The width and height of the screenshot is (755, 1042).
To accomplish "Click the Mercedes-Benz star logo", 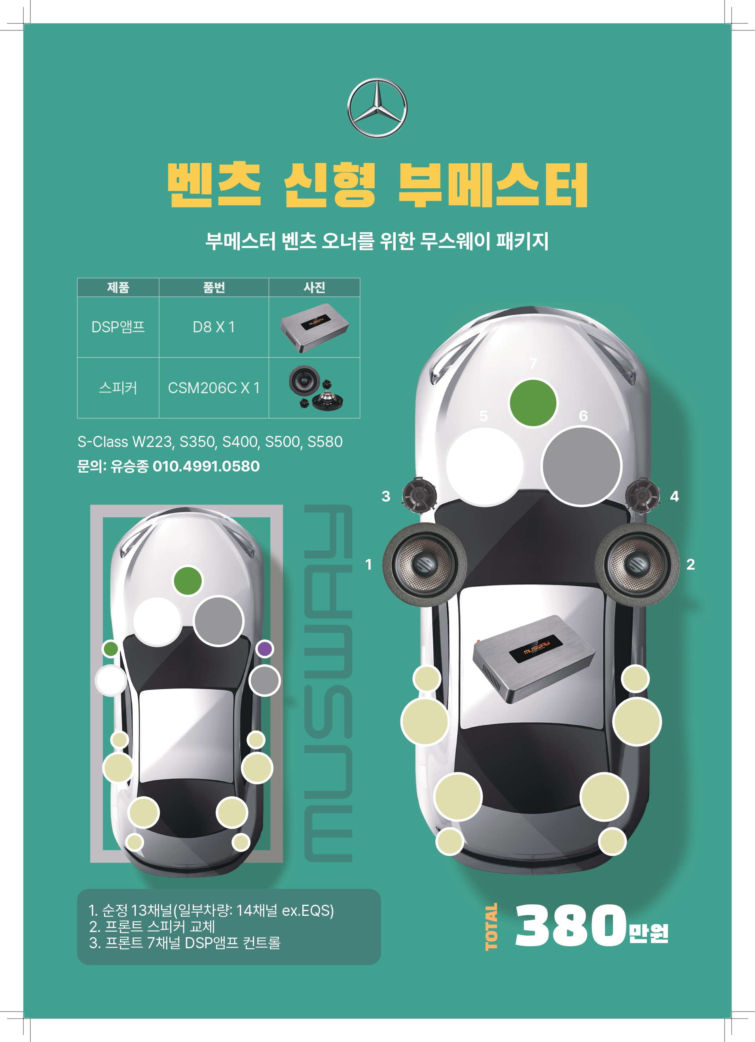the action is [377, 108].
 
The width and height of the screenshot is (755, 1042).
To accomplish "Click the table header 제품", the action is [118, 288].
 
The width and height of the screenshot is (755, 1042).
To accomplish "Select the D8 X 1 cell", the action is [214, 327].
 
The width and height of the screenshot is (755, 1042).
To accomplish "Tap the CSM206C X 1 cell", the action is [214, 388].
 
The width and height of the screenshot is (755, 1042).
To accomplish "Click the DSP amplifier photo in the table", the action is [314, 327].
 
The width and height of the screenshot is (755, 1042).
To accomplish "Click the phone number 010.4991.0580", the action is [206, 466].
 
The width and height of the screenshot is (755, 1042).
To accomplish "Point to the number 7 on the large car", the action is [533, 364].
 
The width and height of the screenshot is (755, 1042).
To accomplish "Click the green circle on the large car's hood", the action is [533, 403].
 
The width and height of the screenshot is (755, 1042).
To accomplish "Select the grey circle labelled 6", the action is [581, 466].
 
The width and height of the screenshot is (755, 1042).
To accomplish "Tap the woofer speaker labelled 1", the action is [425, 565].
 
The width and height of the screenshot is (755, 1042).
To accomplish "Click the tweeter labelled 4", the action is [642, 495].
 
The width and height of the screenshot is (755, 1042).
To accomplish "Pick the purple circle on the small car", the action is [264, 649].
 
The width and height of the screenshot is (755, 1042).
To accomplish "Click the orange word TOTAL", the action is [491, 926].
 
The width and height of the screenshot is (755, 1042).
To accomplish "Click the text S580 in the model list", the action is [325, 442].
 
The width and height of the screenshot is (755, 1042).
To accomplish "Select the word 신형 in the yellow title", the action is [330, 185].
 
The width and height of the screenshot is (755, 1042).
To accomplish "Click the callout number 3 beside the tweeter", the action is [386, 496].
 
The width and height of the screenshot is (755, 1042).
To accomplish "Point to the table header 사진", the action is [314, 288].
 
